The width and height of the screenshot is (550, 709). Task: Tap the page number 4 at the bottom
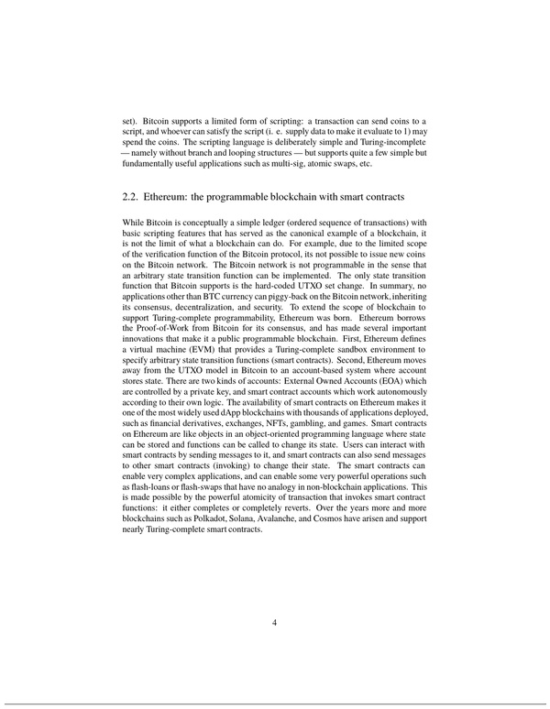275,623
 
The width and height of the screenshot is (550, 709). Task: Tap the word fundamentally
150,164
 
